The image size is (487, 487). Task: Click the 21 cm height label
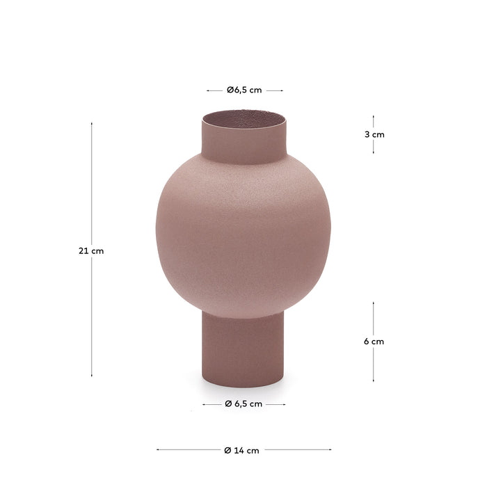click(x=91, y=251)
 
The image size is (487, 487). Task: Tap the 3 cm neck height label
click(x=374, y=135)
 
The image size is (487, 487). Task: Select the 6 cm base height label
click(x=374, y=342)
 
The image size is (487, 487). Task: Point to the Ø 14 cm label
click(x=242, y=450)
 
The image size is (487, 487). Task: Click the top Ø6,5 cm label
click(x=244, y=90)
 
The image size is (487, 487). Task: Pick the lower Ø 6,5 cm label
click(x=243, y=404)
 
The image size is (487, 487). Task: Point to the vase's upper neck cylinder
click(x=244, y=143)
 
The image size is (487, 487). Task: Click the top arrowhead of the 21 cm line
click(x=91, y=124)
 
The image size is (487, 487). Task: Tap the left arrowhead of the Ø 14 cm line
click(x=158, y=449)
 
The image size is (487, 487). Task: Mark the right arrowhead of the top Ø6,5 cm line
click(x=282, y=90)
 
